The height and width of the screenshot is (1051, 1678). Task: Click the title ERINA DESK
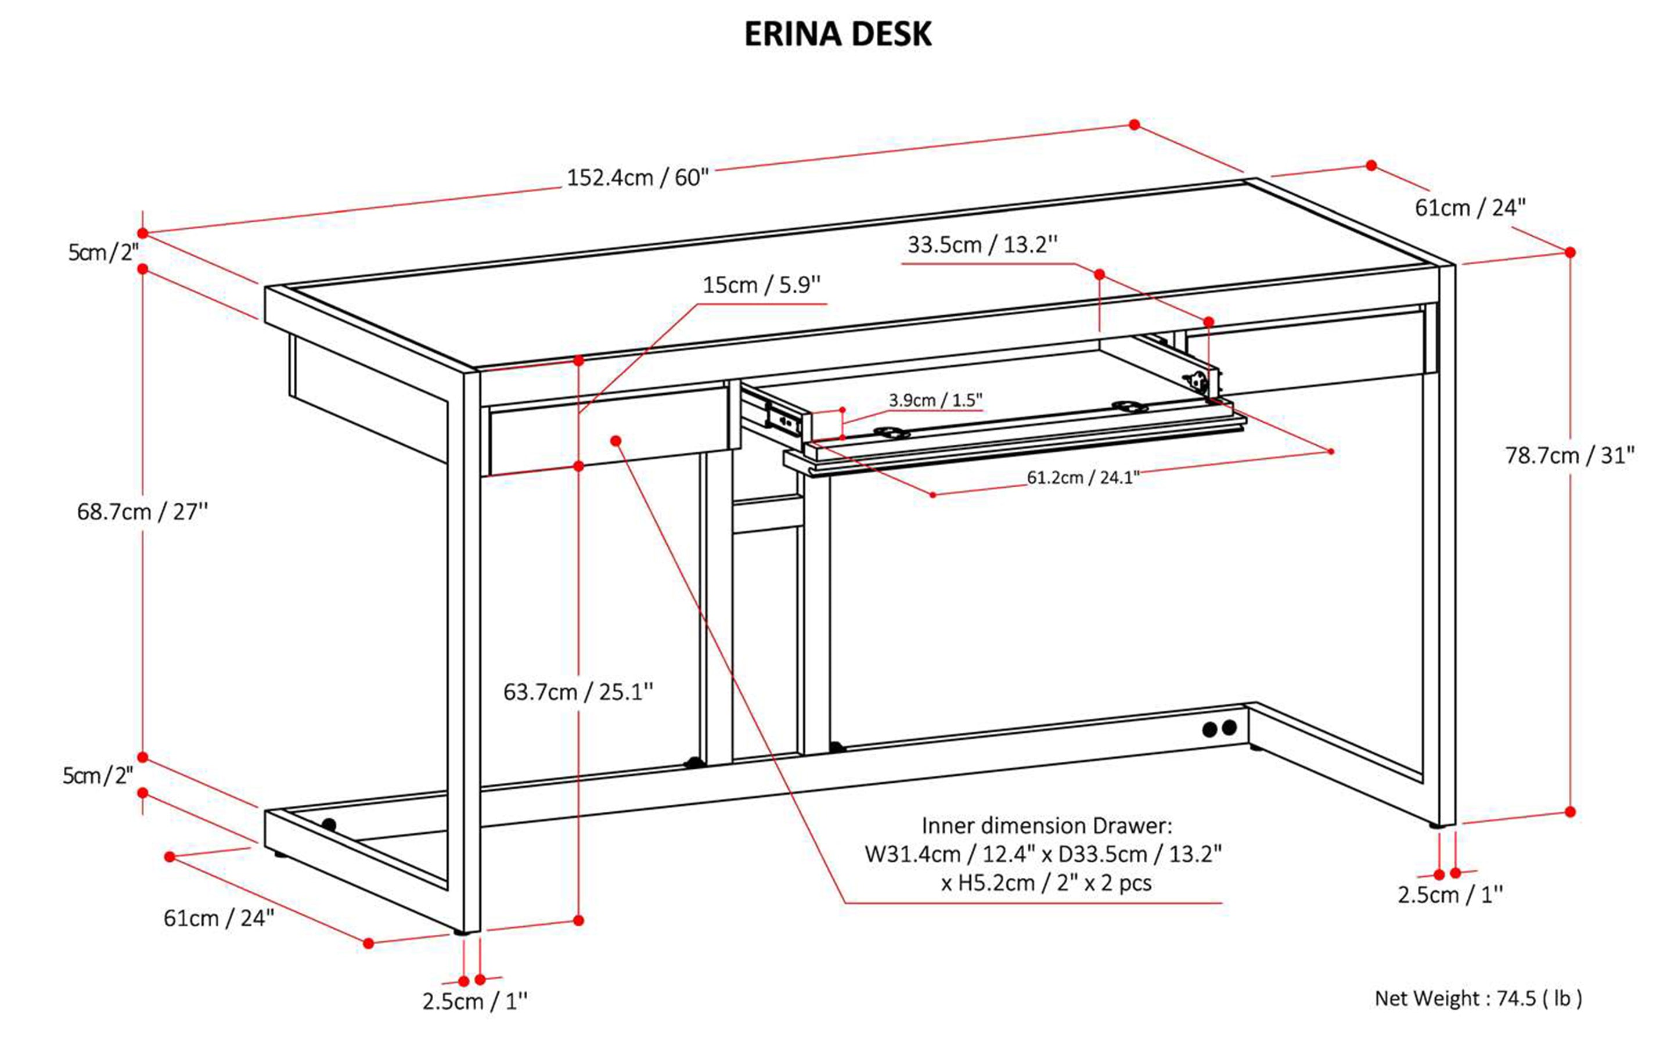coord(838,34)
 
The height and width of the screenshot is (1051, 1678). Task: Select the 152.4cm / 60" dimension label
coord(638,178)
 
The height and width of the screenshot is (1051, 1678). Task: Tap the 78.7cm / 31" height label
coord(1569,456)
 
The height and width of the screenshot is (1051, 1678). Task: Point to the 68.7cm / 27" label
coord(142,512)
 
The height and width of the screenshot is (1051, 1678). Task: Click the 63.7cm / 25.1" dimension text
coord(578,692)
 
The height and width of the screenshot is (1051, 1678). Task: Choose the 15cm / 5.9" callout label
coord(761,285)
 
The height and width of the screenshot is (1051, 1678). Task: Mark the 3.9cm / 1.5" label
coord(935,401)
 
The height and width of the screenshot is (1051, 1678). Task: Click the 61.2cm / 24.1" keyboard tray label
coord(1083,477)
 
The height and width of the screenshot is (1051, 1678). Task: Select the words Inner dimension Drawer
coord(1046,826)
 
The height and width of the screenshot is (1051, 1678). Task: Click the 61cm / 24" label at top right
coord(1470,208)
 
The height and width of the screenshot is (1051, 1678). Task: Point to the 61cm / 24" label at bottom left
coord(219,918)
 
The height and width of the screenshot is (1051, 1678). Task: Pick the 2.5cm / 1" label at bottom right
coord(1450,895)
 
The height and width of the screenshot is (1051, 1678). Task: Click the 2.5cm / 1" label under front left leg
coord(475,1002)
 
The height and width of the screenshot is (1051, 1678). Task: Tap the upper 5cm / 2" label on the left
coord(103,253)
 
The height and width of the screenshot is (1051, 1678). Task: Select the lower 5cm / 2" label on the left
coord(98,776)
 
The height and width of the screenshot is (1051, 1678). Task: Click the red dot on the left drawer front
coord(616,441)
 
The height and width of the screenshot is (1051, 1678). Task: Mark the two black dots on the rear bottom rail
coord(1219,729)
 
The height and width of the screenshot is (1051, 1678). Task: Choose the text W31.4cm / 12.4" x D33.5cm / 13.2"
coord(1043,854)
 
